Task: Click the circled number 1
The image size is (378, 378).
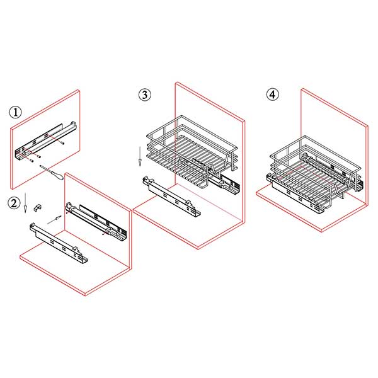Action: pyautogui.click(x=15, y=112)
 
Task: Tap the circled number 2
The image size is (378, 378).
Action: pyautogui.click(x=14, y=203)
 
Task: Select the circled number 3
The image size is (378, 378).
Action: pyautogui.click(x=145, y=94)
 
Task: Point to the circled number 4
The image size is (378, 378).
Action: pyautogui.click(x=272, y=94)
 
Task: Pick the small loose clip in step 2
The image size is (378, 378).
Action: pyautogui.click(x=37, y=207)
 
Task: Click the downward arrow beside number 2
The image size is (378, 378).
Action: pyautogui.click(x=25, y=202)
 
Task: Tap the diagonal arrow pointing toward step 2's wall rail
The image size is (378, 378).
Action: pyautogui.click(x=54, y=220)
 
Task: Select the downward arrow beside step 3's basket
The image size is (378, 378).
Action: pyautogui.click(x=140, y=156)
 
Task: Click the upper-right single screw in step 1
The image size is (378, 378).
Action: pyautogui.click(x=63, y=143)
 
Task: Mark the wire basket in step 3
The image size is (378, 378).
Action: pyautogui.click(x=192, y=151)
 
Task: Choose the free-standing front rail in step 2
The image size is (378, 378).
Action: pyautogui.click(x=59, y=243)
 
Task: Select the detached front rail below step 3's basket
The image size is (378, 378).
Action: pyautogui.click(x=171, y=196)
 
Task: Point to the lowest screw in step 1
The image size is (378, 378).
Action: pyautogui.click(x=31, y=161)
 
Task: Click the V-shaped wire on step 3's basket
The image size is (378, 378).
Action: pyautogui.click(x=213, y=169)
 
